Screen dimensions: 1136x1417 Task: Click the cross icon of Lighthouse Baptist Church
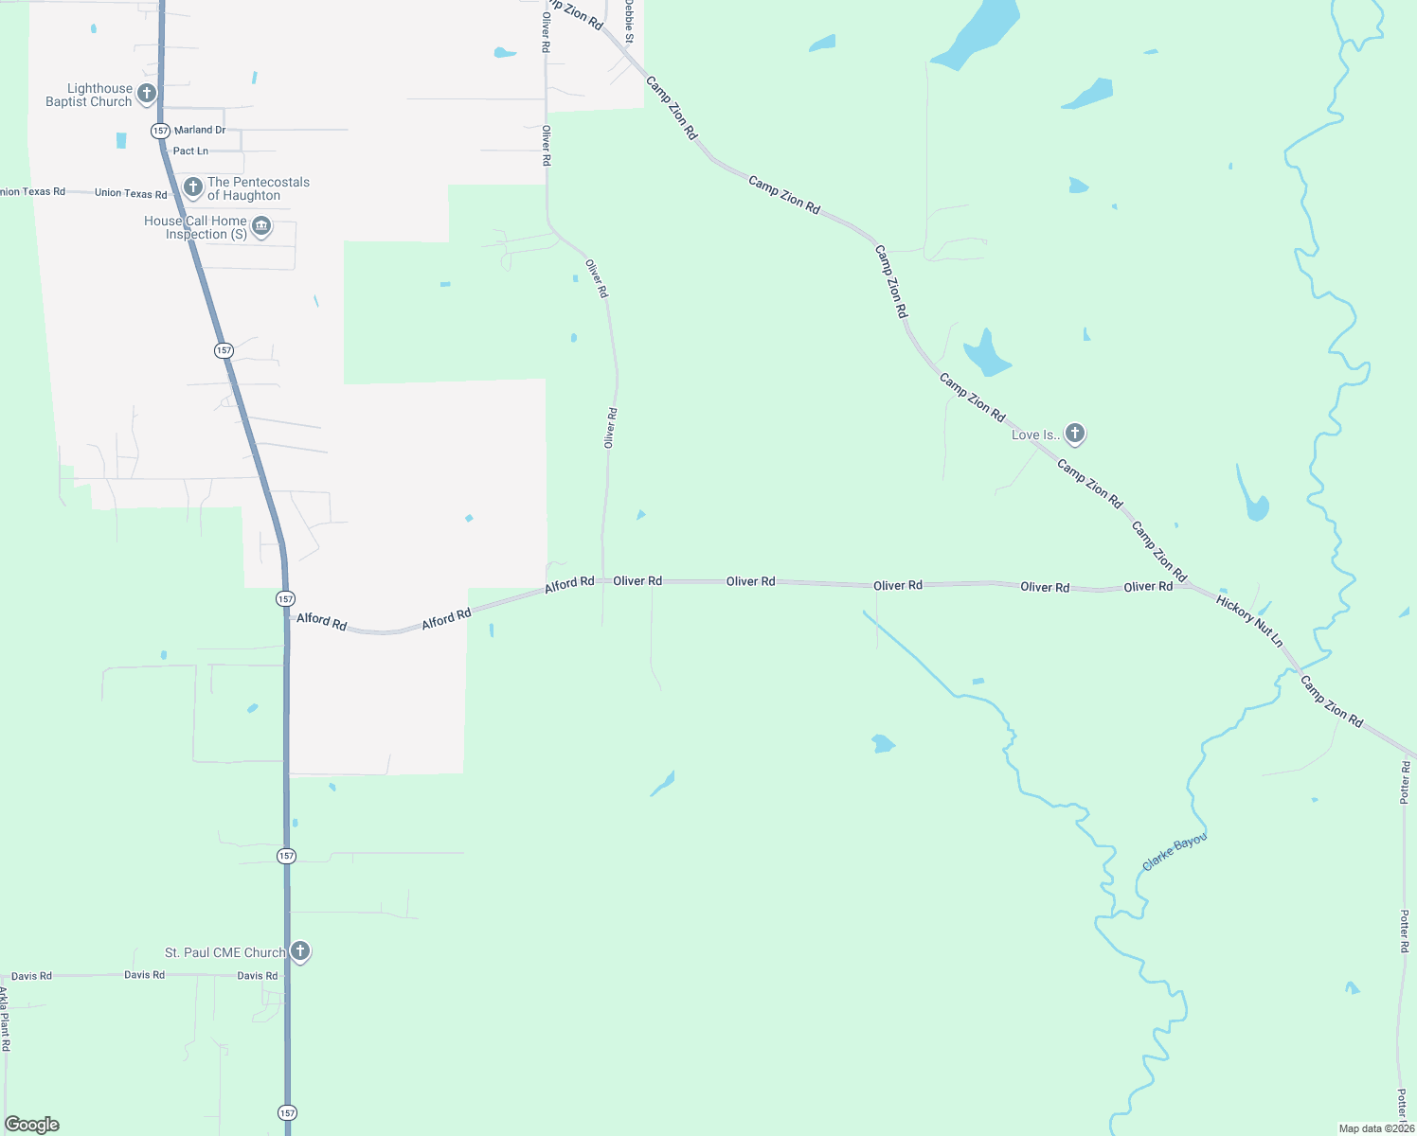tap(147, 93)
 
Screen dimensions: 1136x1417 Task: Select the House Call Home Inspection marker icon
tap(262, 226)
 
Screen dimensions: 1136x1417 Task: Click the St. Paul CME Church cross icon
tap(300, 950)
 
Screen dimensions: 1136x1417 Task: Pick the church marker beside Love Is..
tap(1074, 434)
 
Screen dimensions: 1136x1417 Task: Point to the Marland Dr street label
tap(200, 130)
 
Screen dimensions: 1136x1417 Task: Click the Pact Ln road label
tap(190, 151)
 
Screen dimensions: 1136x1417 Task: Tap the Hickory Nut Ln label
tap(1249, 621)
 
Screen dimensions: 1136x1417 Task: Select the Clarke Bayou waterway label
tap(1175, 852)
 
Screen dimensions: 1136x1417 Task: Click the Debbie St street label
tap(628, 20)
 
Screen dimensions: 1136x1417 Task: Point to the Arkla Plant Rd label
tap(5, 1019)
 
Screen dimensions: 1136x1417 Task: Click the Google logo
tap(32, 1125)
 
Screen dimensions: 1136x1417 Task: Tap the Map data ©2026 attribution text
tap(1376, 1128)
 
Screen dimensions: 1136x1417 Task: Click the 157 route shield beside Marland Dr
tap(160, 130)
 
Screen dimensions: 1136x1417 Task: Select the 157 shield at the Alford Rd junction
tap(285, 598)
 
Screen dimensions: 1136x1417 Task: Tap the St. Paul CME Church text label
tap(224, 952)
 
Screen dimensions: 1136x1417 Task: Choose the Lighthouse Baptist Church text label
tap(89, 95)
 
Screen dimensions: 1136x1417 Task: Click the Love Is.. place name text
tap(1034, 435)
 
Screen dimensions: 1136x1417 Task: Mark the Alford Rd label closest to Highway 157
tap(322, 621)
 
